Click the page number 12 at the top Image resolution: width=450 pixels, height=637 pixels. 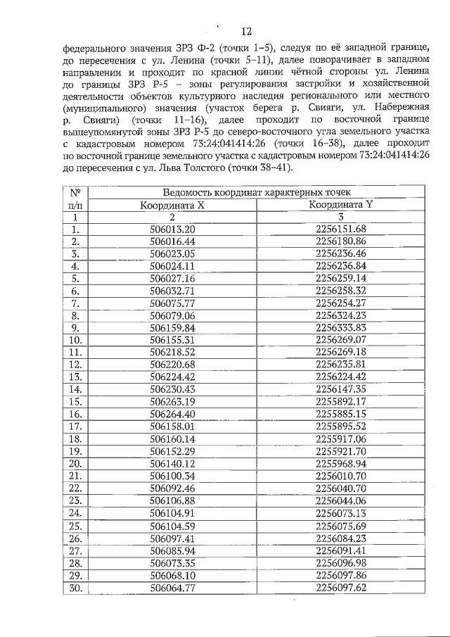pos(245,31)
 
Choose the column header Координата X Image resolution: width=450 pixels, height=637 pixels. pos(172,205)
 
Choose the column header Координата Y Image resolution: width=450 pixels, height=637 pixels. pos(341,205)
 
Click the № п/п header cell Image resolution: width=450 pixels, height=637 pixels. pos(75,198)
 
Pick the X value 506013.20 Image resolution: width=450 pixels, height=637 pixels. pos(172,229)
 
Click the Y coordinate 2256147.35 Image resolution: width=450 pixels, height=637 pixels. pos(341,389)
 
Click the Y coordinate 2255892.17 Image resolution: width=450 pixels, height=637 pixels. pos(341,401)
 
